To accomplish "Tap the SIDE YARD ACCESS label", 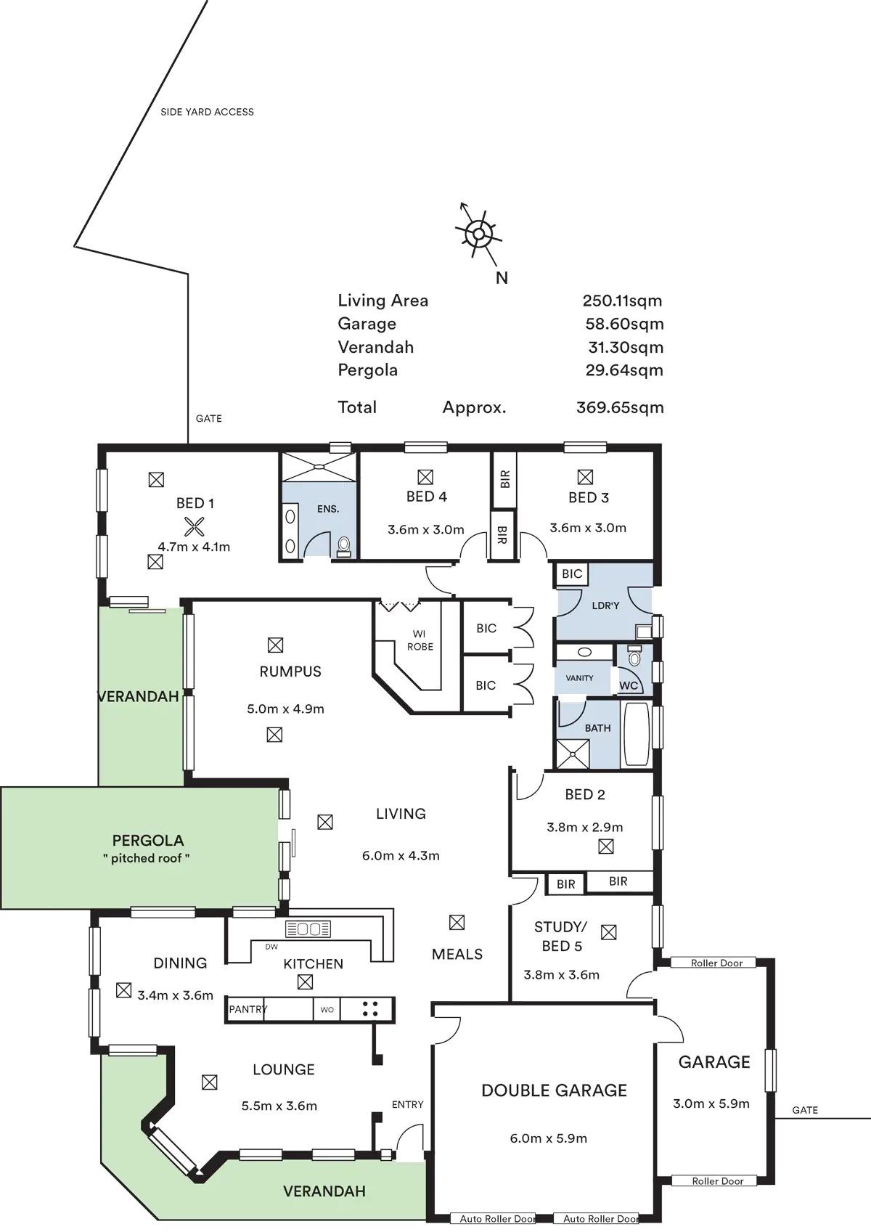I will click(x=207, y=112).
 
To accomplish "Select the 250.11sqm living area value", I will click(x=622, y=301).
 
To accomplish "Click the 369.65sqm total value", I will click(x=621, y=408).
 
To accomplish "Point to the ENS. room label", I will click(x=328, y=509).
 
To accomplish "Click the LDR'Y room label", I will click(x=606, y=605).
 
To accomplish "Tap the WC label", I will click(x=628, y=686).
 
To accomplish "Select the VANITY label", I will click(x=579, y=678).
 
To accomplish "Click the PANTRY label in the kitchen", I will click(x=247, y=1009).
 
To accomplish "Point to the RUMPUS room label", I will click(x=290, y=672).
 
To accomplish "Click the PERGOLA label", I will click(x=148, y=841).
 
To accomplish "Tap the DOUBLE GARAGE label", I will click(x=555, y=1090).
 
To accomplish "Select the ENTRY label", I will click(x=407, y=1104).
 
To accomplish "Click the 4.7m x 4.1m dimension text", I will click(x=195, y=547).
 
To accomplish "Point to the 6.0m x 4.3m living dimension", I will click(x=401, y=856).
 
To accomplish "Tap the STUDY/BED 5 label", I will click(x=560, y=936).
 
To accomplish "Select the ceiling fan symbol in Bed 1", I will click(x=193, y=527).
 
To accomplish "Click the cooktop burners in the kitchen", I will click(x=370, y=1009).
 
